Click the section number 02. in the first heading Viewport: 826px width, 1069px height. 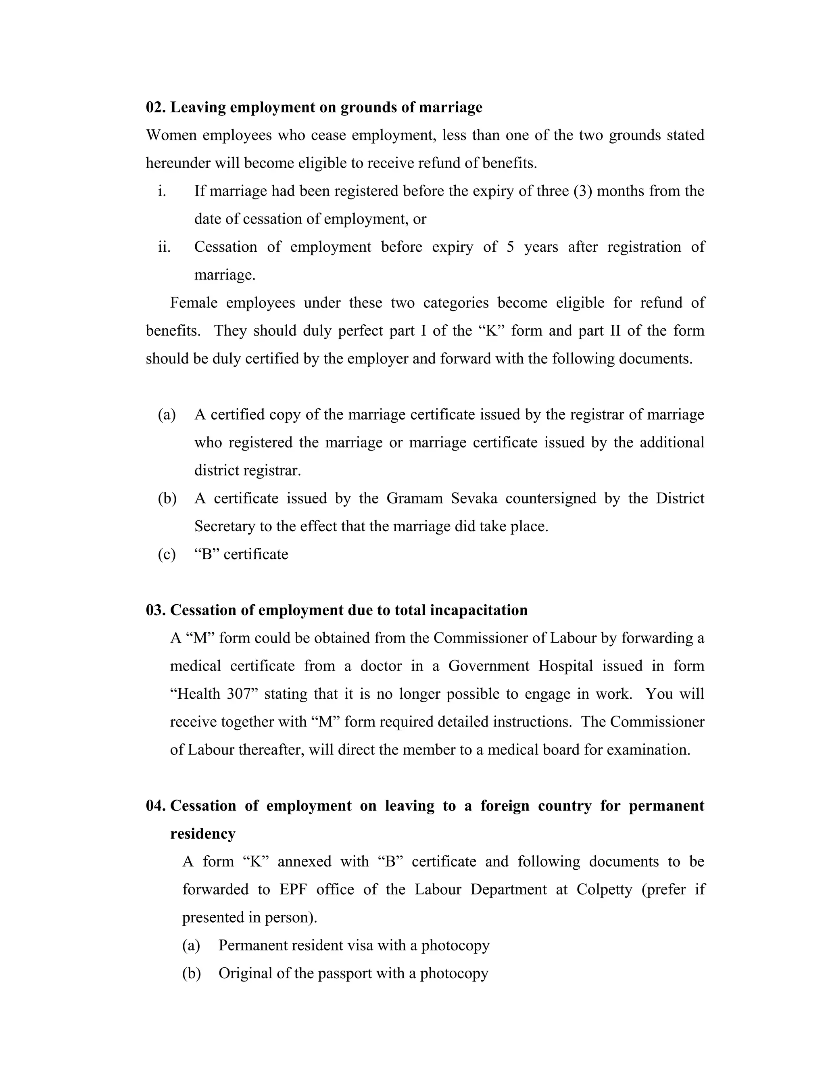tap(156, 107)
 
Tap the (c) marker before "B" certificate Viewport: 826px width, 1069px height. tap(167, 554)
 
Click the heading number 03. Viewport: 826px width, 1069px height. tap(156, 610)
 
